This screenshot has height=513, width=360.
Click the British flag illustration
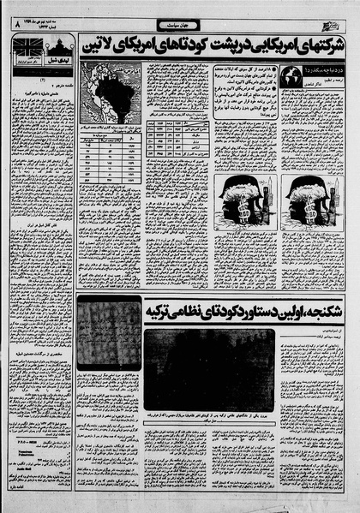21,45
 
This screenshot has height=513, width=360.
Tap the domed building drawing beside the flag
51,45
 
